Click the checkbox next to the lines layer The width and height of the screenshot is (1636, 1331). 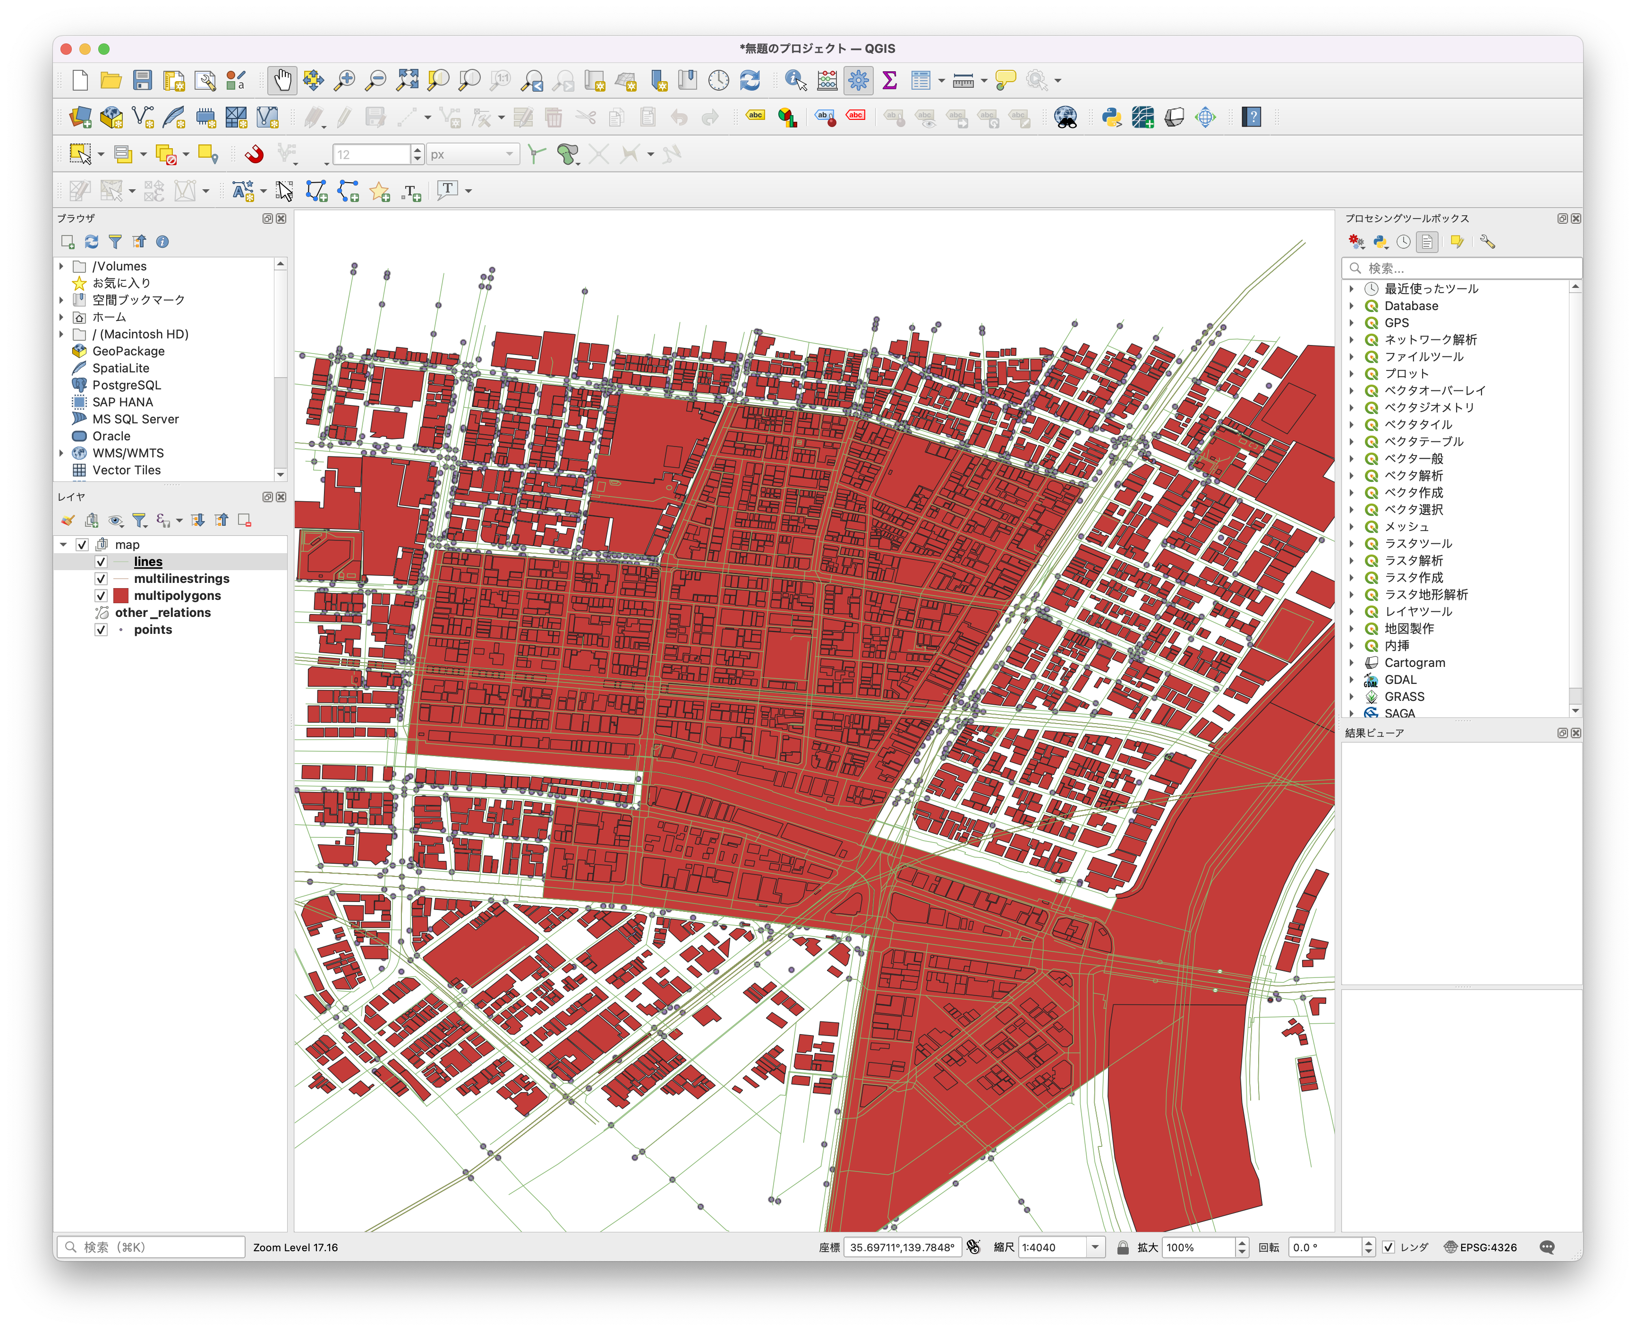[101, 562]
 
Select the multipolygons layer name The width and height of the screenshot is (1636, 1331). [177, 596]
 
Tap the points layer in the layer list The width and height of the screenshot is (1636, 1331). [153, 630]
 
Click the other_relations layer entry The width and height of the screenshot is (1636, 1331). [162, 613]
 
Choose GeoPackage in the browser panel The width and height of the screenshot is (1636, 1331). [128, 351]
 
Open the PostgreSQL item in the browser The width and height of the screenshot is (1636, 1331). [127, 385]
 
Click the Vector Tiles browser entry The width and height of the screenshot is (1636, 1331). [127, 470]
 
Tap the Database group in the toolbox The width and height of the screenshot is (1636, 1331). [1411, 306]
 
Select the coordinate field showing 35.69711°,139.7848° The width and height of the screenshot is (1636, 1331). [901, 1247]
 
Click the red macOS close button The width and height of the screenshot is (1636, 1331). [66, 49]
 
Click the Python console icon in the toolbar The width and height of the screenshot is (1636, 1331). [1111, 118]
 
